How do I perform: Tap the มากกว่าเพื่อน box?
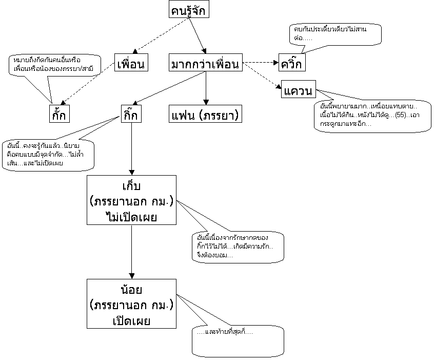click(x=205, y=64)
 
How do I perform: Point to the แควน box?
click(x=298, y=91)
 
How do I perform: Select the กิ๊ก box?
click(x=132, y=113)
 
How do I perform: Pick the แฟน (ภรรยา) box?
click(x=205, y=113)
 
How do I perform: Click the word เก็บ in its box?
click(x=132, y=185)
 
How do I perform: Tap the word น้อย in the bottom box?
click(x=132, y=289)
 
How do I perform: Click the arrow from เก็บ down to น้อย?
click(x=132, y=252)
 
